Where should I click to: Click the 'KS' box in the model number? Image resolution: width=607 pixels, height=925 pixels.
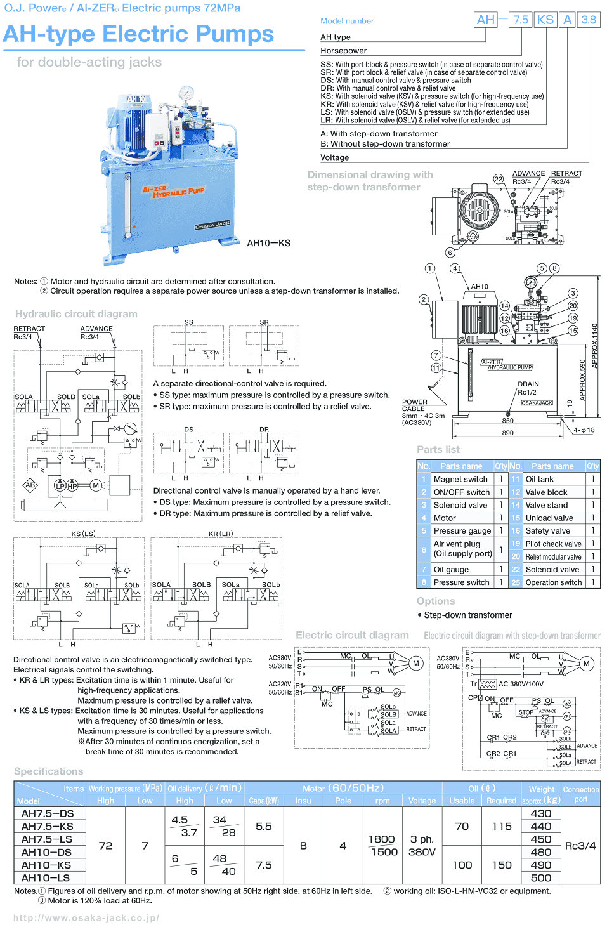click(545, 20)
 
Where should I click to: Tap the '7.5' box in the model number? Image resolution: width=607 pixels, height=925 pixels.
click(521, 20)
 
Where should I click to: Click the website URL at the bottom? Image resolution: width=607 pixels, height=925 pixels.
click(86, 917)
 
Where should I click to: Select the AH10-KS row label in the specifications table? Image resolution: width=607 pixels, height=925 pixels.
click(46, 865)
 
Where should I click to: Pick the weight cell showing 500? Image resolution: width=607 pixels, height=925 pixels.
click(540, 877)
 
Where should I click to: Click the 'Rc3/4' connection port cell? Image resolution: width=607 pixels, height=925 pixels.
click(580, 845)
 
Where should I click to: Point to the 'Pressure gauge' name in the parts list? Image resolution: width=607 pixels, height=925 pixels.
click(462, 530)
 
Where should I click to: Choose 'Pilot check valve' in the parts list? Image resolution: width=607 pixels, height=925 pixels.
click(553, 544)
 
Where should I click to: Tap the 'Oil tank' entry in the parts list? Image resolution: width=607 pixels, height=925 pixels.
click(539, 479)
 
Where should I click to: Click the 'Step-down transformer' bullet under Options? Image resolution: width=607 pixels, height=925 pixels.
click(467, 615)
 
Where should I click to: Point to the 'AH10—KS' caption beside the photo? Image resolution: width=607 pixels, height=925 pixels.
click(268, 243)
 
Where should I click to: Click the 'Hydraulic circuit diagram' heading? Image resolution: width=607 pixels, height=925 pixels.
click(76, 313)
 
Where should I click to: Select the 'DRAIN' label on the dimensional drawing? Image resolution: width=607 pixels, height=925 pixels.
click(528, 384)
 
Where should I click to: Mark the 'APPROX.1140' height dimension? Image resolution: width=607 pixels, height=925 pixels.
click(594, 346)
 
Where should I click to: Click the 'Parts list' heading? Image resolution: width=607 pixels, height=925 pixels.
click(438, 449)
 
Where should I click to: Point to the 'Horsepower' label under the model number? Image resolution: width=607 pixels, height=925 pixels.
click(343, 51)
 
